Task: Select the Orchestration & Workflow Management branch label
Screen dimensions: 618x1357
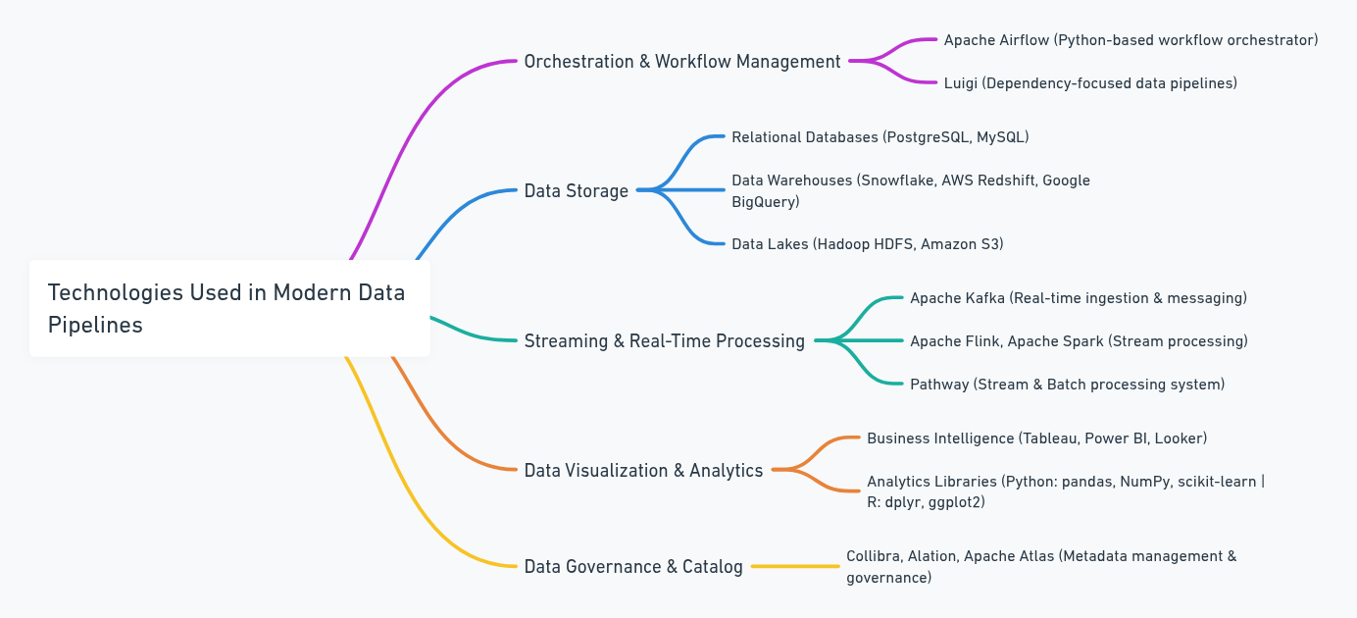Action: tap(682, 62)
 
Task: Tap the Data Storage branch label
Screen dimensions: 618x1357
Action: tap(576, 191)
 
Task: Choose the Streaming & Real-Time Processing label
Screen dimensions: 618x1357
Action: tap(664, 341)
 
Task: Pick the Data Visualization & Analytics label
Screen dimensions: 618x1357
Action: tap(643, 471)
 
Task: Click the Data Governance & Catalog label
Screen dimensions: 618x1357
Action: tap(633, 567)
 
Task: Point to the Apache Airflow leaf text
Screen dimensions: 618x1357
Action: tap(1131, 40)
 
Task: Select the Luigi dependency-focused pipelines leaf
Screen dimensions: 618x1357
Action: tap(1090, 83)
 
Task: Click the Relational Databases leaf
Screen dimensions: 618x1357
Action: tap(880, 137)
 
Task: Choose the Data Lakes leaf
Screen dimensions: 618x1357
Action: tap(867, 244)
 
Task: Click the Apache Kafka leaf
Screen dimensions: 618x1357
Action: tap(1078, 298)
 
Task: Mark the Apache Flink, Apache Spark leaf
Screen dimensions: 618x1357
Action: tap(1079, 341)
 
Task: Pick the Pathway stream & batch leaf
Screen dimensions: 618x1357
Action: tap(1067, 385)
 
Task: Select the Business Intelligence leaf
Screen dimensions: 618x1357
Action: tap(1036, 438)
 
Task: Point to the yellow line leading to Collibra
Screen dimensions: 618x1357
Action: tap(795, 566)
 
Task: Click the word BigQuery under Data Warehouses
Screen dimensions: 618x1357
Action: tap(765, 202)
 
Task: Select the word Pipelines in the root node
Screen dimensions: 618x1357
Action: tap(95, 325)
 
